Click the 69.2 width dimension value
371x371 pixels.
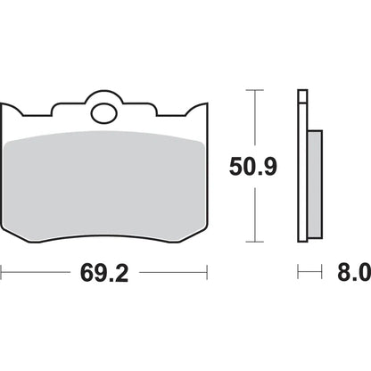tap(104, 273)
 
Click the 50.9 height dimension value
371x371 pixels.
tap(253, 167)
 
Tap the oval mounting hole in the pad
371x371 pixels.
tap(104, 113)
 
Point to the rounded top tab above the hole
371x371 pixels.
tap(104, 95)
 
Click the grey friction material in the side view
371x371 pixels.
tap(315, 184)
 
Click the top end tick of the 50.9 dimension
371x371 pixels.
tap(254, 90)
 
